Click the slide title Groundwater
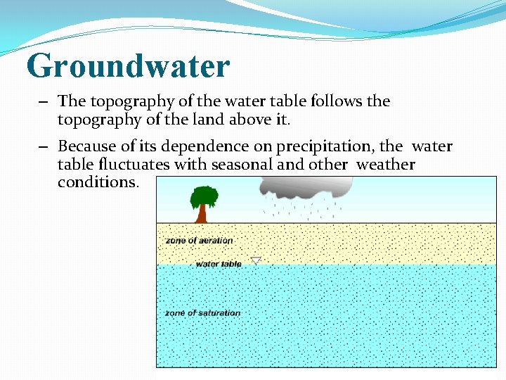point(128,65)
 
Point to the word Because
point(88,146)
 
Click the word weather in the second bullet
point(386,165)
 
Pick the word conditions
point(98,182)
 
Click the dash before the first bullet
point(44,102)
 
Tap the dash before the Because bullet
point(44,147)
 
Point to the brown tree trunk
point(202,214)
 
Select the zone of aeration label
point(199,241)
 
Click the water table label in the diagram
point(218,264)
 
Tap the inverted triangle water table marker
point(256,261)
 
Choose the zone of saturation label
point(202,313)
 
